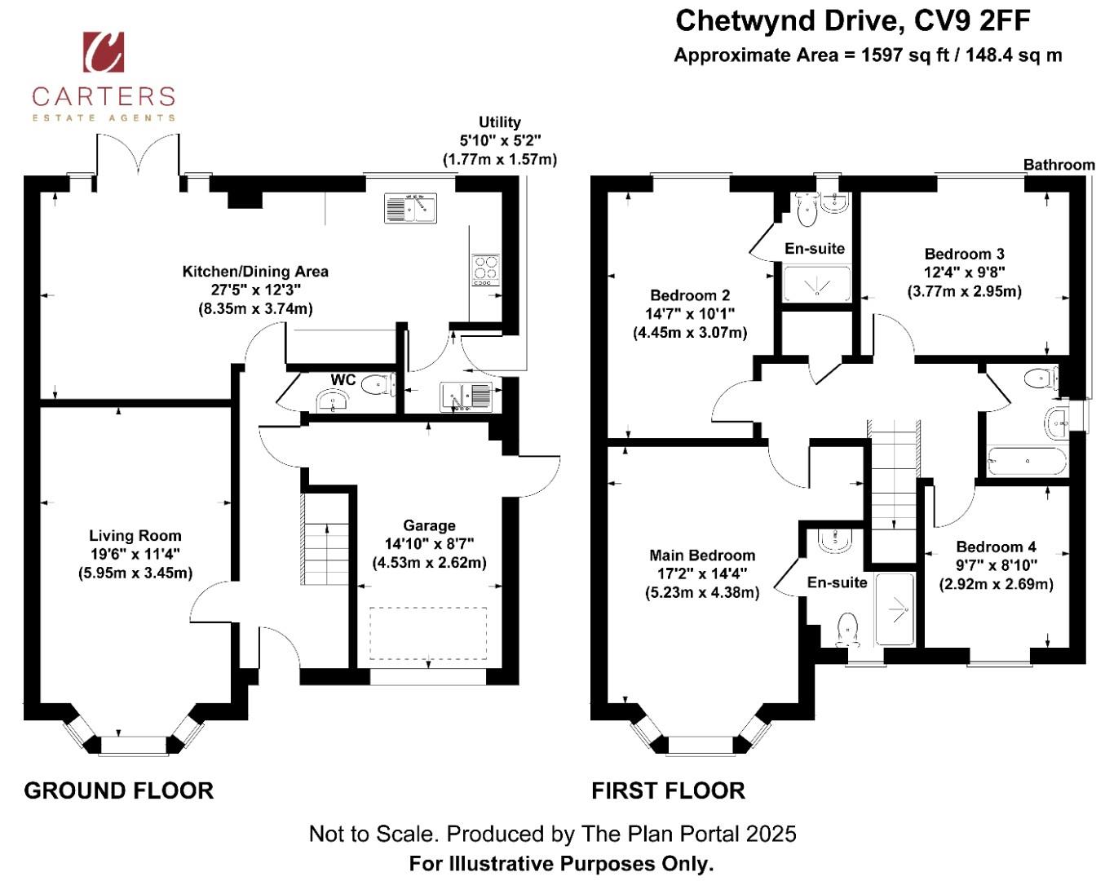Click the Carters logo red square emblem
click(104, 52)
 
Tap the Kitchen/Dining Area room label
click(255, 272)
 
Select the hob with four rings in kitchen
click(485, 270)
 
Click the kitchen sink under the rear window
click(410, 208)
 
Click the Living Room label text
click(135, 535)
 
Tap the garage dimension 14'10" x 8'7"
click(429, 543)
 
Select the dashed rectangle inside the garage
click(427, 633)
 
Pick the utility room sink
click(466, 396)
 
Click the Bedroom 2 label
click(690, 294)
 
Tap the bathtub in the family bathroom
click(1027, 462)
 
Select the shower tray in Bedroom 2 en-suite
click(816, 284)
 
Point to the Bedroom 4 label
click(997, 547)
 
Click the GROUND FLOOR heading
click(118, 790)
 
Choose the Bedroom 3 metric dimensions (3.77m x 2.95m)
click(964, 291)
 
